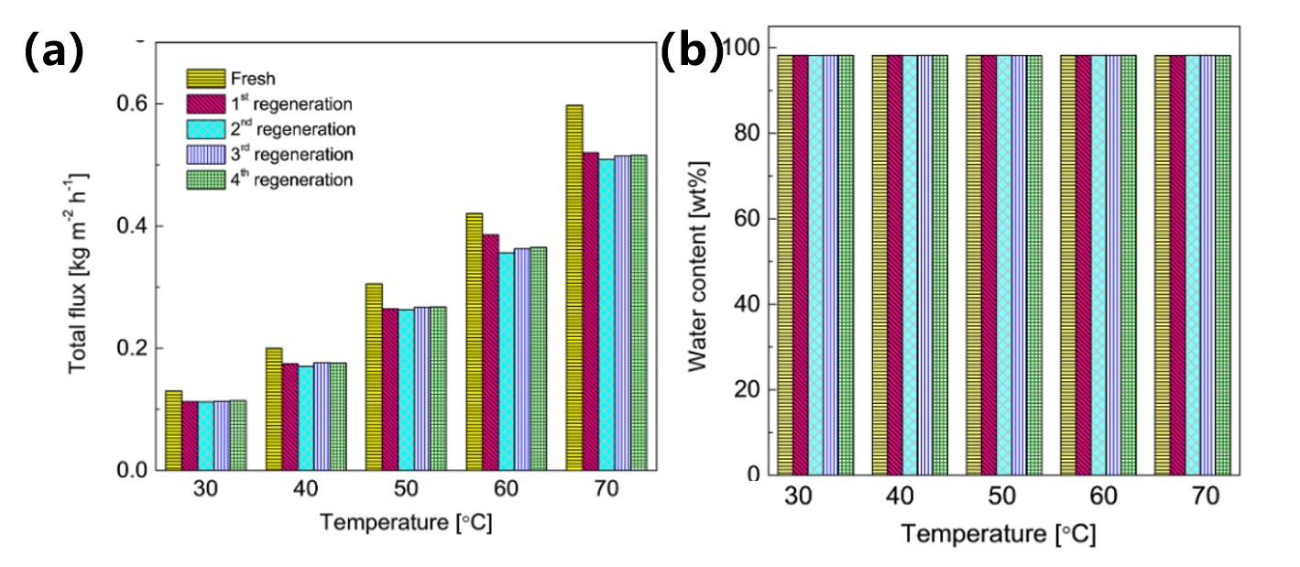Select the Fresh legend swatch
click(204, 78)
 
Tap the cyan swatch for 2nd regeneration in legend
click(204, 128)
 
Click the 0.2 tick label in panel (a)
click(134, 349)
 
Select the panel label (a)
click(53, 52)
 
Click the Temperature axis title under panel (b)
click(997, 533)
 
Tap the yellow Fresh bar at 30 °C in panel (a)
click(173, 431)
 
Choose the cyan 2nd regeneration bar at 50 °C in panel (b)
click(1004, 266)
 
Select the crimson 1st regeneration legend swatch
click(204, 103)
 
